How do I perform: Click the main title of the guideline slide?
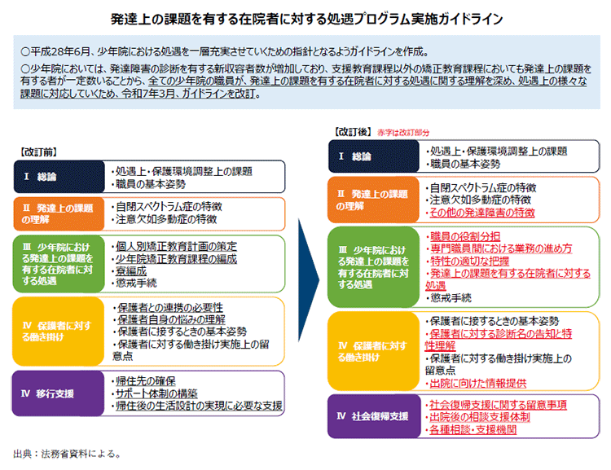point(305,16)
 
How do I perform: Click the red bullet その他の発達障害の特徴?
point(485,212)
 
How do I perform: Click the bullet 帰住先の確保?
point(147,381)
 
